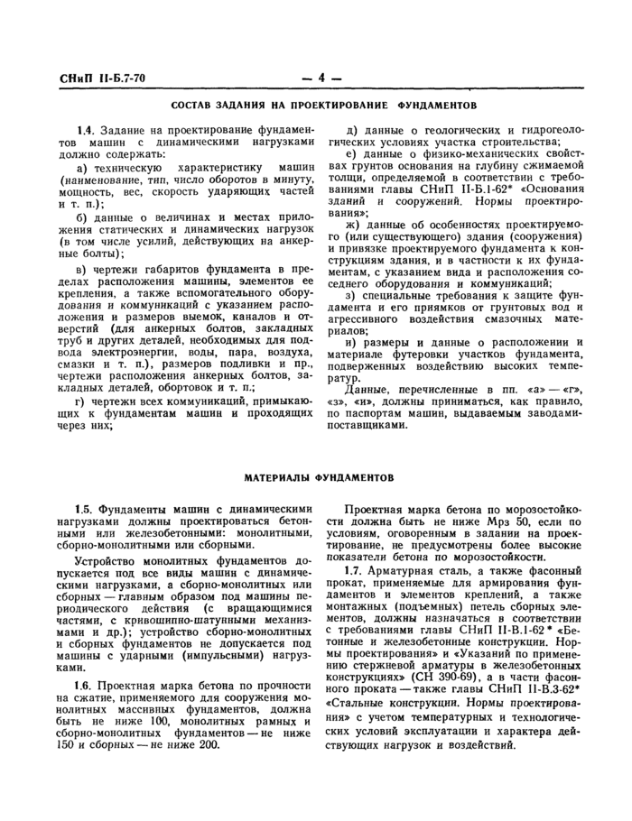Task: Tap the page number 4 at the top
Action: click(321, 78)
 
